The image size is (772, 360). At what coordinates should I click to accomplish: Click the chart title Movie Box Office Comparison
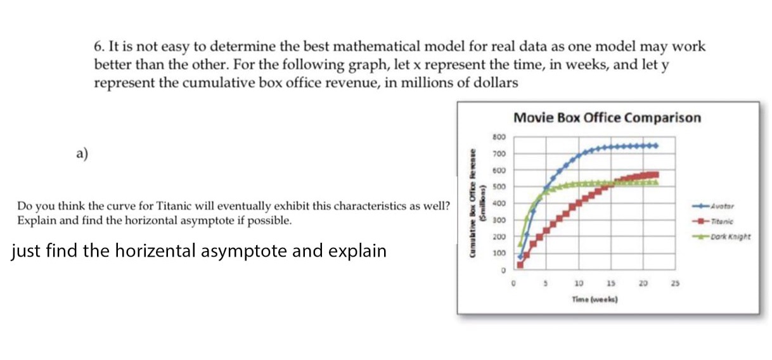pyautogui.click(x=607, y=118)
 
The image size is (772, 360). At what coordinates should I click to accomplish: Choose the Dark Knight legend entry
pyautogui.click(x=729, y=237)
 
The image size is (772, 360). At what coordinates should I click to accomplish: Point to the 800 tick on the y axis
pyautogui.click(x=499, y=137)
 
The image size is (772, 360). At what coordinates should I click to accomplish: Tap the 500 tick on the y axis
pyautogui.click(x=499, y=186)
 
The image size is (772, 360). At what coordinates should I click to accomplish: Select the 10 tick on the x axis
pyautogui.click(x=579, y=283)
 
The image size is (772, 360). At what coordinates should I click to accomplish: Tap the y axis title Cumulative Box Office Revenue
pyautogui.click(x=473, y=203)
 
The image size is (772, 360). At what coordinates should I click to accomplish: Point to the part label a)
pyautogui.click(x=82, y=153)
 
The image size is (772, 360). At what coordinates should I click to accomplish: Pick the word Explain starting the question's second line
pyautogui.click(x=35, y=221)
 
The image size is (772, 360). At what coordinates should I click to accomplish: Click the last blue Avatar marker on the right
pyautogui.click(x=656, y=145)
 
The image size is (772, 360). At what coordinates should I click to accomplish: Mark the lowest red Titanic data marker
pyautogui.click(x=520, y=264)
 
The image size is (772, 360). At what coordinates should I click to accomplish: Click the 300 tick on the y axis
pyautogui.click(x=499, y=220)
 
